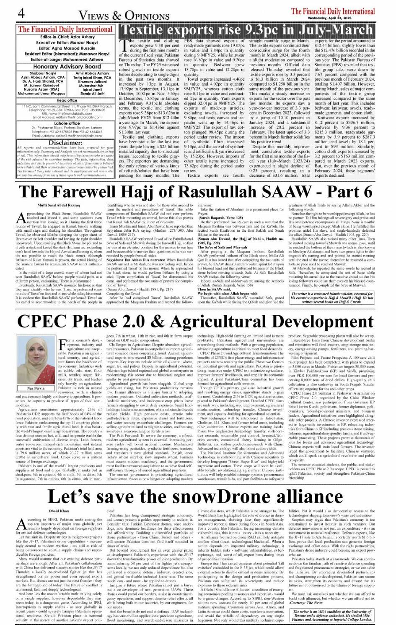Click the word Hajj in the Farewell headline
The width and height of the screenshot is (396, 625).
126,191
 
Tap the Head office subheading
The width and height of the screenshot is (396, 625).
67,101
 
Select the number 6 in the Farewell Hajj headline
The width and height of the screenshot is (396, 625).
367,191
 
